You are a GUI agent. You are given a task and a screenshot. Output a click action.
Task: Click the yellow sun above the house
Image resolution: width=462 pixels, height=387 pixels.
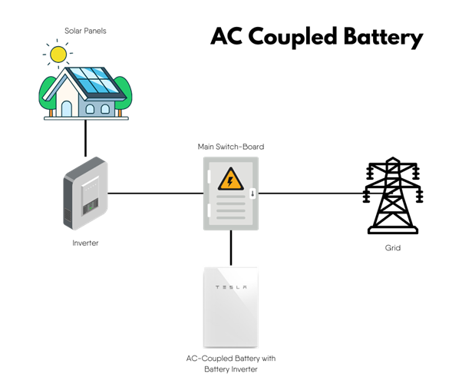(x=58, y=55)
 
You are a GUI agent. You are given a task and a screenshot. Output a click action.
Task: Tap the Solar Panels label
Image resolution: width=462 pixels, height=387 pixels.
(x=85, y=31)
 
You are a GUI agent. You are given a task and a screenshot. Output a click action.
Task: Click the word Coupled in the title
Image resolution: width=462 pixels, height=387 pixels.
(x=292, y=37)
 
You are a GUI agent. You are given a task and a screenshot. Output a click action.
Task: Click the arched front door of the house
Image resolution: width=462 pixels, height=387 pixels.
(x=66, y=108)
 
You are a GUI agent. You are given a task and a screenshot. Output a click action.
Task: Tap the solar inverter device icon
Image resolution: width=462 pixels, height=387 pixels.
(x=85, y=193)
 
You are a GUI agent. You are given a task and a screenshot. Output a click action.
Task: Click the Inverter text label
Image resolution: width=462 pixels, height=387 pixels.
(x=85, y=243)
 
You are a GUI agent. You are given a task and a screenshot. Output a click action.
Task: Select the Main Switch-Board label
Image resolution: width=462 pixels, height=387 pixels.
(x=231, y=147)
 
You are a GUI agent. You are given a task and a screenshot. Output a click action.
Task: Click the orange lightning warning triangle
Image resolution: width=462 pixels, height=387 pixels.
(x=231, y=180)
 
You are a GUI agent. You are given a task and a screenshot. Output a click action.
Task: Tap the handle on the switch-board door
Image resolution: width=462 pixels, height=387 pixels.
(x=252, y=193)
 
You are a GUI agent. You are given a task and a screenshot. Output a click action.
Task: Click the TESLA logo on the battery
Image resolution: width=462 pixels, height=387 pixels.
(x=231, y=287)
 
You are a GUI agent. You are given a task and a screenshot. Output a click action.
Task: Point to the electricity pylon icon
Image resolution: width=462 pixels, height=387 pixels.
(x=393, y=195)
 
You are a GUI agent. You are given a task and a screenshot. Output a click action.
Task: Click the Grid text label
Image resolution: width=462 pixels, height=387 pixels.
(x=393, y=248)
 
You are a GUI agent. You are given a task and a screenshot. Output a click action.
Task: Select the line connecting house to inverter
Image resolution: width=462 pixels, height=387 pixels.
(x=85, y=138)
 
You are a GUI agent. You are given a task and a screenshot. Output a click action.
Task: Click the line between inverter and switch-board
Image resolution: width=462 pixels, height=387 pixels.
(x=156, y=193)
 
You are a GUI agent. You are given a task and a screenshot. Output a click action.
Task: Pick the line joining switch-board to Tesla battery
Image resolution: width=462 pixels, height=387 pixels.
(x=231, y=248)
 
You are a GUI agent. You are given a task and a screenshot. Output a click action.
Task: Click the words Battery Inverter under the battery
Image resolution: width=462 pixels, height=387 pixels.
(x=231, y=369)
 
